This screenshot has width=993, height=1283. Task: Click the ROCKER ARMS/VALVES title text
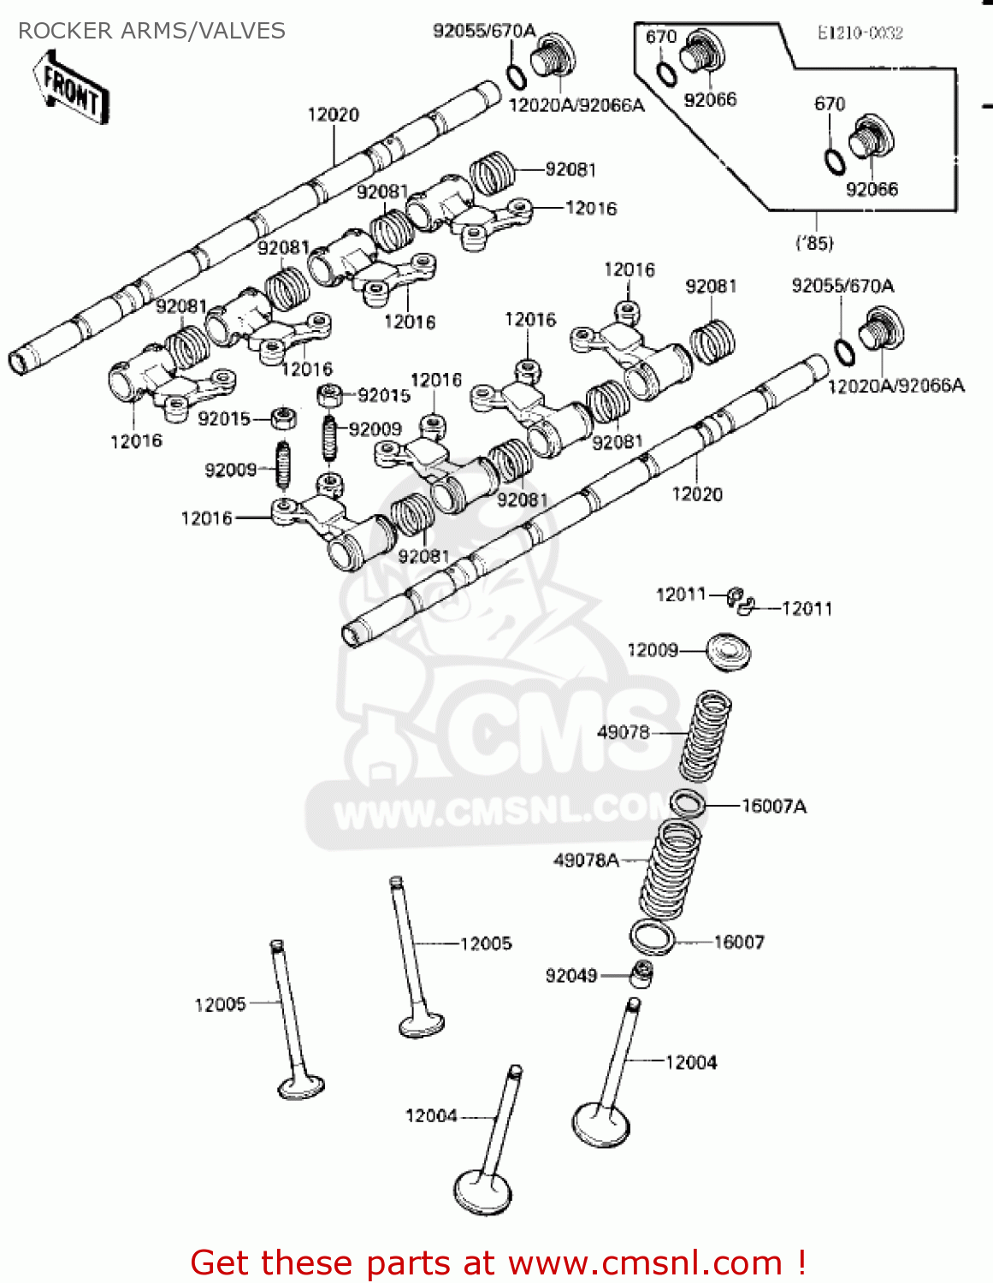(151, 31)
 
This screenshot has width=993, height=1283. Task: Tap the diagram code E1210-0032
(860, 33)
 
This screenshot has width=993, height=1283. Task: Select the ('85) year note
(814, 243)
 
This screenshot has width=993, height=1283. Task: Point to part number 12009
(653, 650)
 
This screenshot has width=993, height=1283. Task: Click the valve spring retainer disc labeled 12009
(730, 652)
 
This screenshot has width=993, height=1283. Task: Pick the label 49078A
(586, 860)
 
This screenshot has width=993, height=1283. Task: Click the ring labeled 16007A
(687, 803)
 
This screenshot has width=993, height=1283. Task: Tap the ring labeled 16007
(652, 937)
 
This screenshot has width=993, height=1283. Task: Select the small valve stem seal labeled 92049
(641, 973)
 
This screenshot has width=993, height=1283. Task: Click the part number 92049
(571, 975)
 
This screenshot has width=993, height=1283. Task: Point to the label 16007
(739, 942)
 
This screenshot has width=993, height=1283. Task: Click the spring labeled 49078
(706, 736)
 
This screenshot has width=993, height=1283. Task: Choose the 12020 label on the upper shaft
(334, 115)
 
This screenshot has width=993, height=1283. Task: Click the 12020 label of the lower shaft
(697, 494)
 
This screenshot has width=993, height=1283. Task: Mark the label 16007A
(774, 806)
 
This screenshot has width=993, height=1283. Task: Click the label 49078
(624, 732)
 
